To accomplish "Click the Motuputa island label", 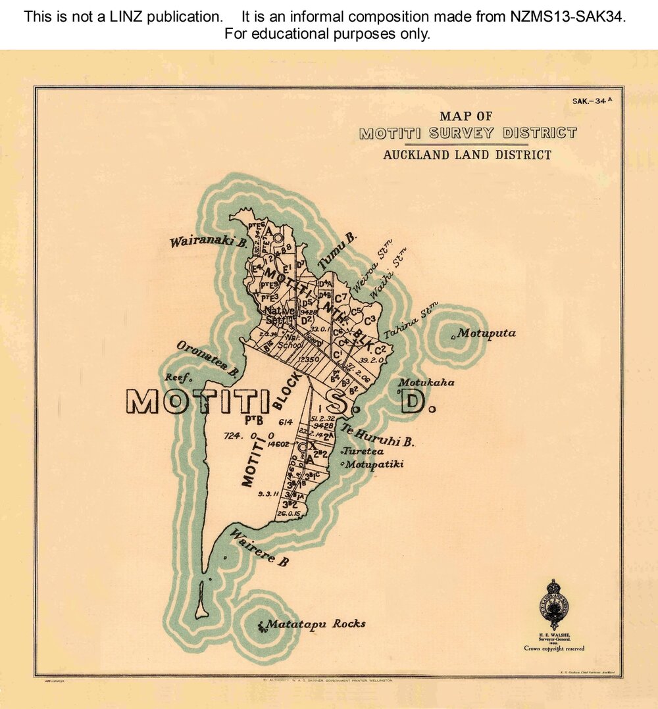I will click(486, 333).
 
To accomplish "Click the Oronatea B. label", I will click(207, 359).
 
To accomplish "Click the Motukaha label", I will click(426, 382).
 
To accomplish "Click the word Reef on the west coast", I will click(178, 378).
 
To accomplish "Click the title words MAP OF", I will click(466, 116).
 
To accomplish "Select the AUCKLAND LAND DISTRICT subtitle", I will click(467, 155).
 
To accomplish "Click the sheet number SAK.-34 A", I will click(592, 101).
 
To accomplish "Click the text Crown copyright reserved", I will click(554, 648).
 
